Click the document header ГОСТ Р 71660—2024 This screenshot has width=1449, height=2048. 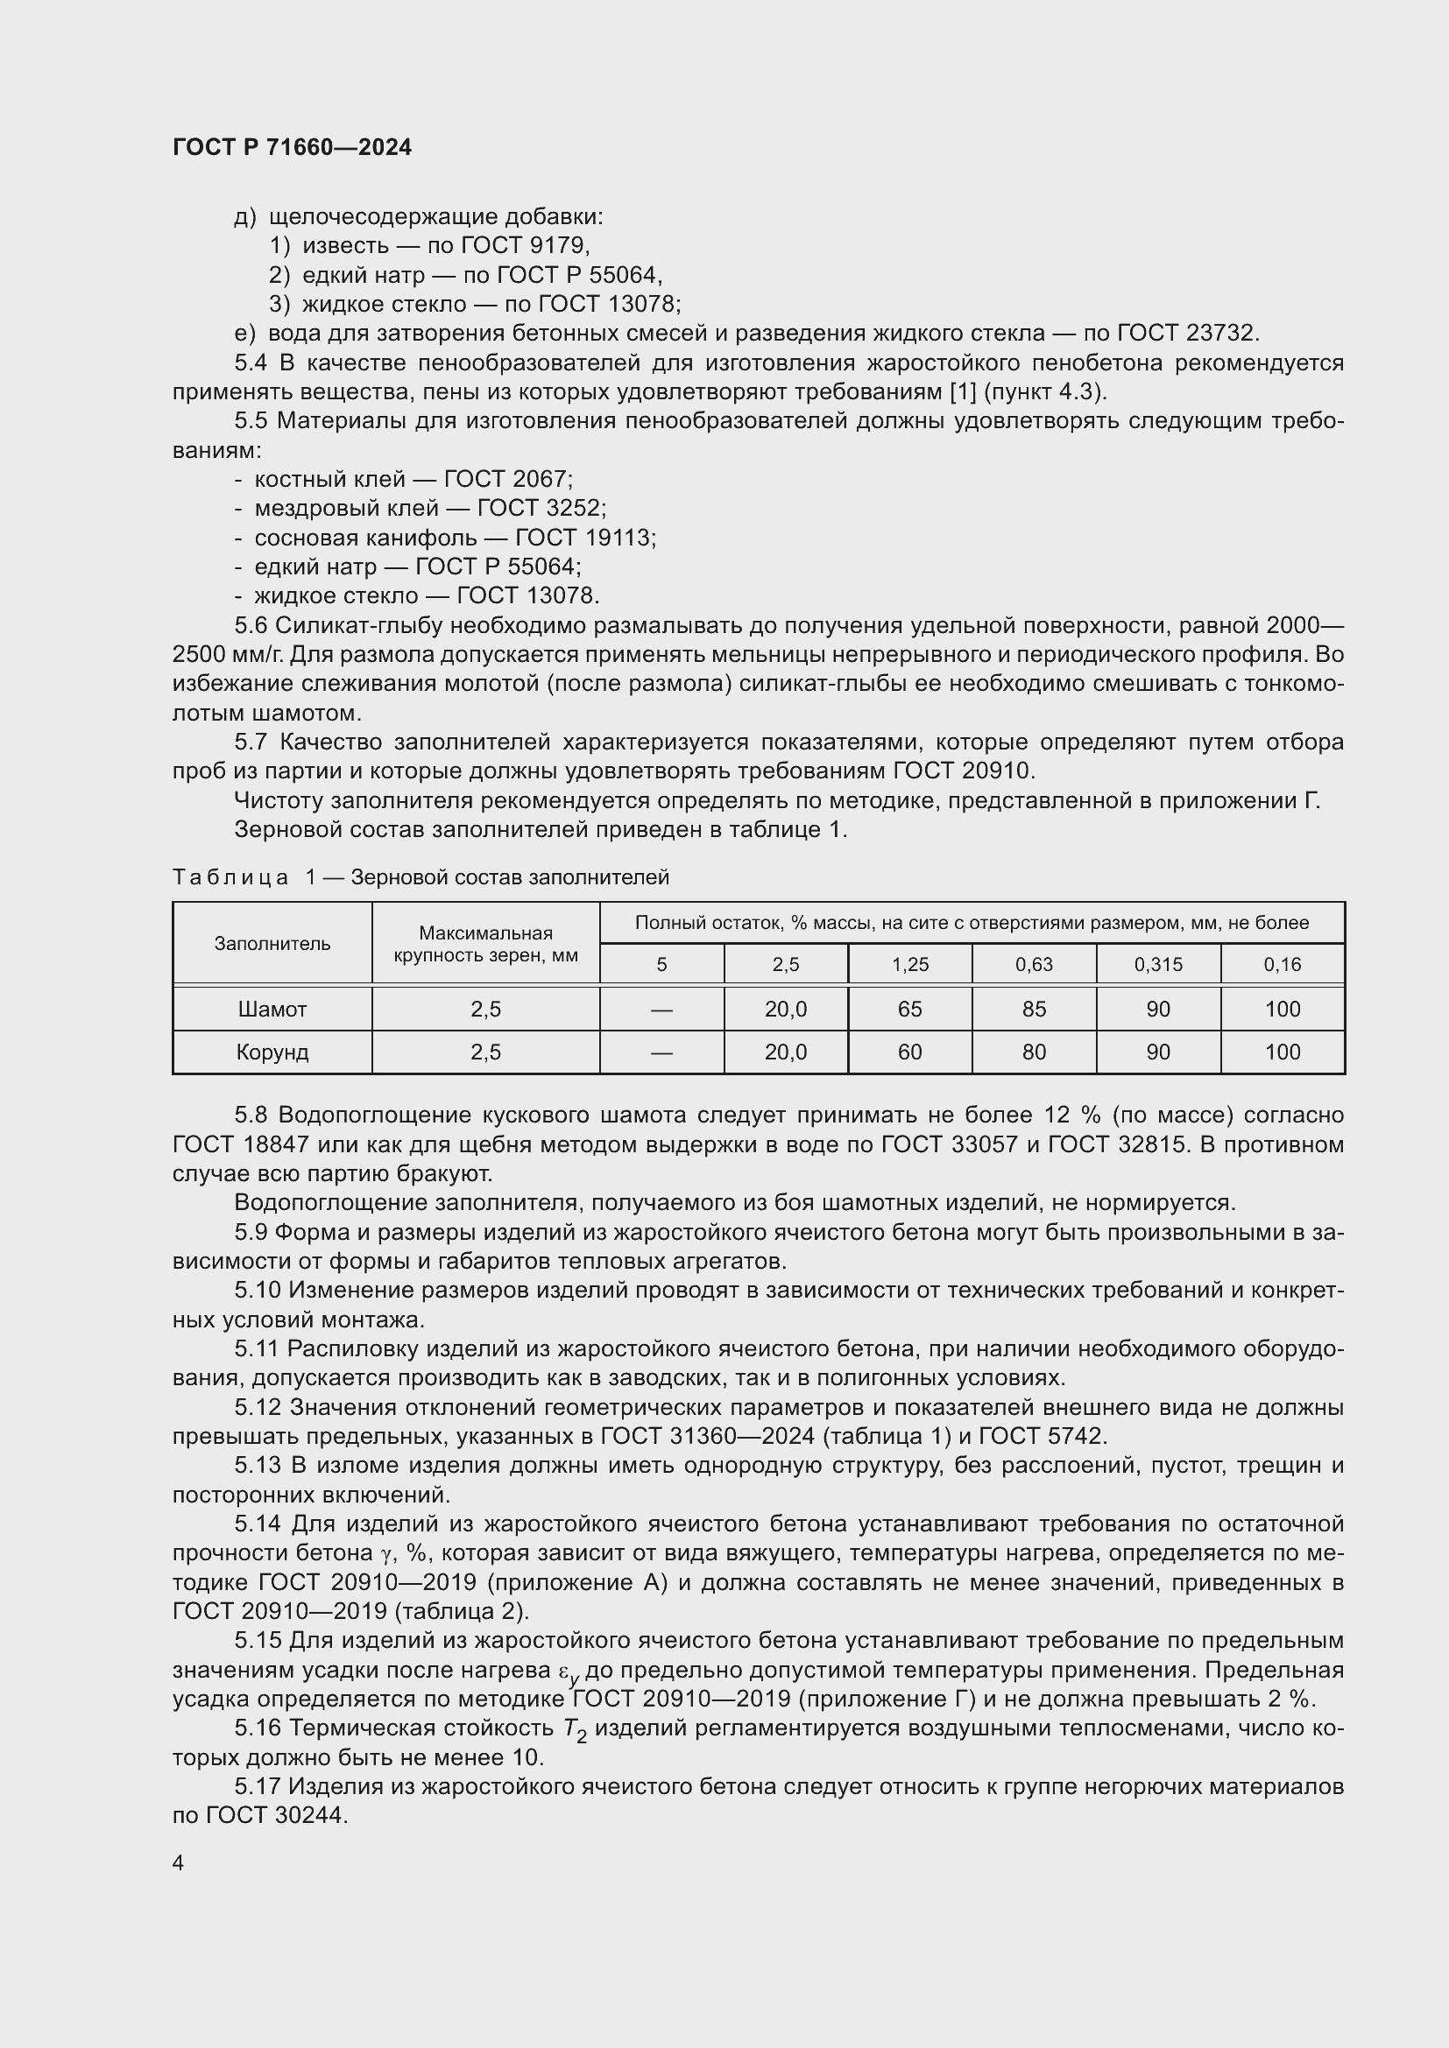coord(292,147)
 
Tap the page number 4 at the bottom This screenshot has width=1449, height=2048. coord(179,1862)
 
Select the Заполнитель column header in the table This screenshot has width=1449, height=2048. coord(272,944)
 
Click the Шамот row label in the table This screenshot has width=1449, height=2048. coord(272,1009)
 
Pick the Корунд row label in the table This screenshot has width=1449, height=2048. coord(272,1052)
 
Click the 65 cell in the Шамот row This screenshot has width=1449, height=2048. coord(909,1009)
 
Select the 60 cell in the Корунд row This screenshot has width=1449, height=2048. coord(909,1052)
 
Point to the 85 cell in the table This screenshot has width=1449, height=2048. coord(1033,1009)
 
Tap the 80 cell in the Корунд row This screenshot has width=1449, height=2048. coord(1033,1052)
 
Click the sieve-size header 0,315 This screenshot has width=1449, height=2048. coord(1157,964)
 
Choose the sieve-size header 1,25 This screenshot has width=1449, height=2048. coord(909,964)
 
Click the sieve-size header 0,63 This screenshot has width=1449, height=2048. coord(1033,964)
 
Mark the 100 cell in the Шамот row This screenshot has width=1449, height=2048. coord(1283,1009)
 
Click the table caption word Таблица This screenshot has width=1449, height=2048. coord(230,877)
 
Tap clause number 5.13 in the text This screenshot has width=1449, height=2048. coord(257,1466)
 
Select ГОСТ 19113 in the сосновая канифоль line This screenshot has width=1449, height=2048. coord(584,538)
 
